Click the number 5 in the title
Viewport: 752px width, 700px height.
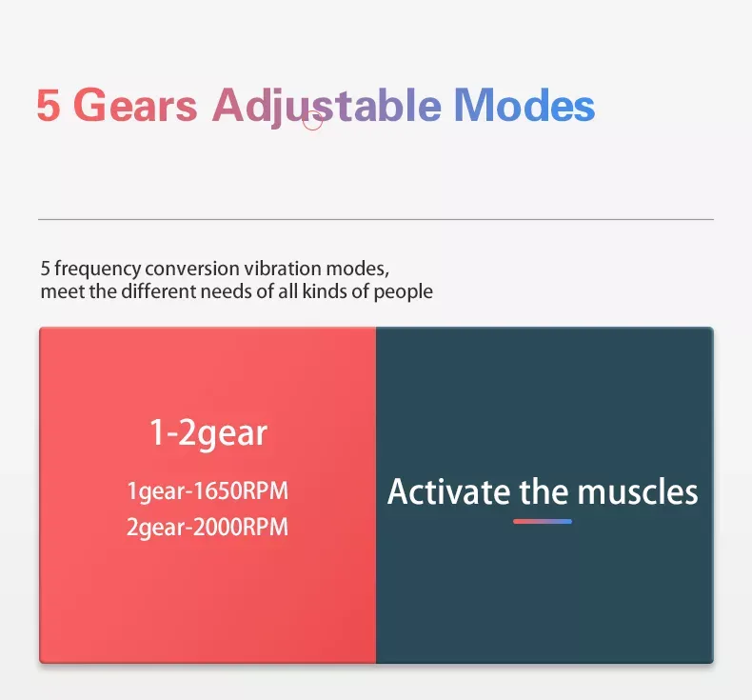[48, 106]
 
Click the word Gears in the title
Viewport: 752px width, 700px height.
[135, 106]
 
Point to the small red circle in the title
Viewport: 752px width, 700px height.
[312, 120]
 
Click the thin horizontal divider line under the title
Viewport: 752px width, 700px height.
[375, 219]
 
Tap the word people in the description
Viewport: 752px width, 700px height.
[405, 291]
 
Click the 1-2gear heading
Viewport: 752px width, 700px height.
[208, 434]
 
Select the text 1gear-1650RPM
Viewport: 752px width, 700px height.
[208, 492]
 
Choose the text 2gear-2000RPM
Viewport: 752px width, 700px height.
[208, 527]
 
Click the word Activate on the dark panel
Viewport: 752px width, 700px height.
[448, 492]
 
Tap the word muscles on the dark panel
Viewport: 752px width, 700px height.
[638, 492]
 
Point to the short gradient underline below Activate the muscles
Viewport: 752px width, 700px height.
[543, 522]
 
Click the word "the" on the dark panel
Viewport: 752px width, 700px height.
[544, 492]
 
